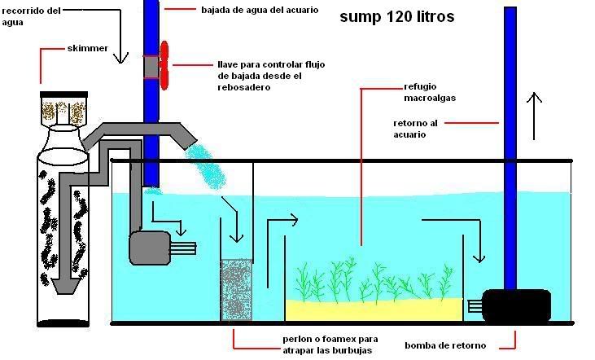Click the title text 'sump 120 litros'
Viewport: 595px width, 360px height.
tap(397, 16)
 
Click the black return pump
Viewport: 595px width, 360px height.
tap(516, 305)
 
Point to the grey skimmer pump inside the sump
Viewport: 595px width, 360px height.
tap(150, 248)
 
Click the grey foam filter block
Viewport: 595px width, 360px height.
tap(236, 290)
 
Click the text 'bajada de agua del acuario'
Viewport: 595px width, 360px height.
tap(259, 11)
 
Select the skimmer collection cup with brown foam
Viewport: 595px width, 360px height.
tap(62, 112)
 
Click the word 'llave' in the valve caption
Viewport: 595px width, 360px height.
tap(229, 64)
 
